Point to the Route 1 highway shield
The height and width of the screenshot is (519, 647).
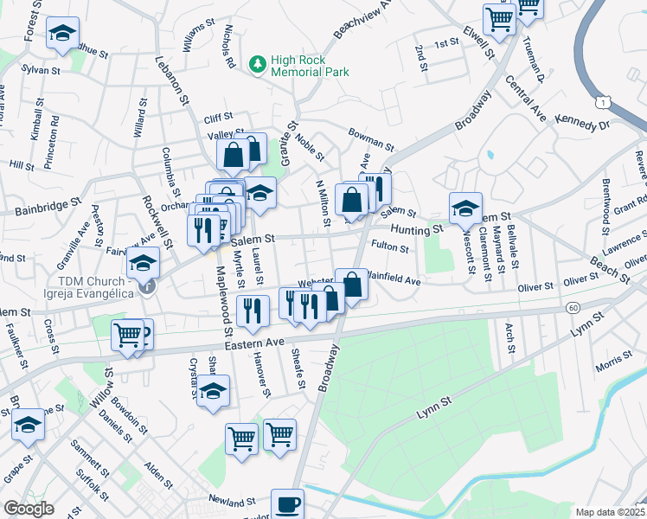603,103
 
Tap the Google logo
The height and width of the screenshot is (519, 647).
29,509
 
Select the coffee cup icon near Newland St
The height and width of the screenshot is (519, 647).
287,503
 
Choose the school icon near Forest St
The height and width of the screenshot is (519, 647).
62,34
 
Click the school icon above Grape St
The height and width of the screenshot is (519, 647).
29,425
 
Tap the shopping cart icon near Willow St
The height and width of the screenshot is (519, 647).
128,335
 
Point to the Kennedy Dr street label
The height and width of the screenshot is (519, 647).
582,121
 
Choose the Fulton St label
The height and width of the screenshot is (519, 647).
389,248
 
